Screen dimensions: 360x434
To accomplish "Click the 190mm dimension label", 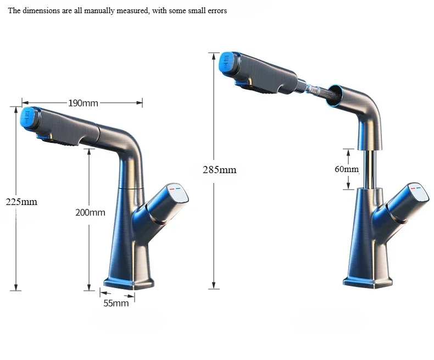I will (83, 103).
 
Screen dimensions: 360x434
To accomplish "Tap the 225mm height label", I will (21, 202).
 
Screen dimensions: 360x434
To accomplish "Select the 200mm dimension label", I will (90, 213).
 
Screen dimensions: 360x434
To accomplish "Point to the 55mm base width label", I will (116, 303).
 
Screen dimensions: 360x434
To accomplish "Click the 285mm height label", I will (219, 170).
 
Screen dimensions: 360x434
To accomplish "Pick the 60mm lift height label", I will (346, 169).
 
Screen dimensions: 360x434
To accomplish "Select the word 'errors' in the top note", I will (216, 11).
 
